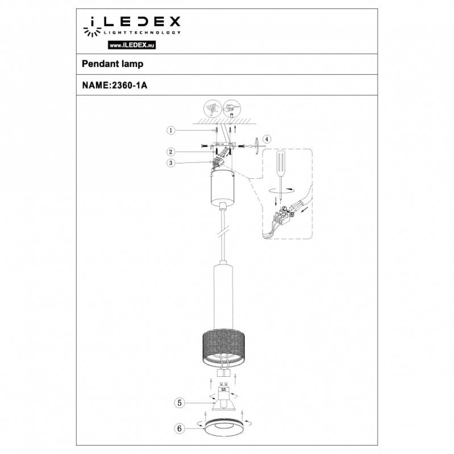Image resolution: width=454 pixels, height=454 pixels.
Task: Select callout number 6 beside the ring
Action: click(x=179, y=429)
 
